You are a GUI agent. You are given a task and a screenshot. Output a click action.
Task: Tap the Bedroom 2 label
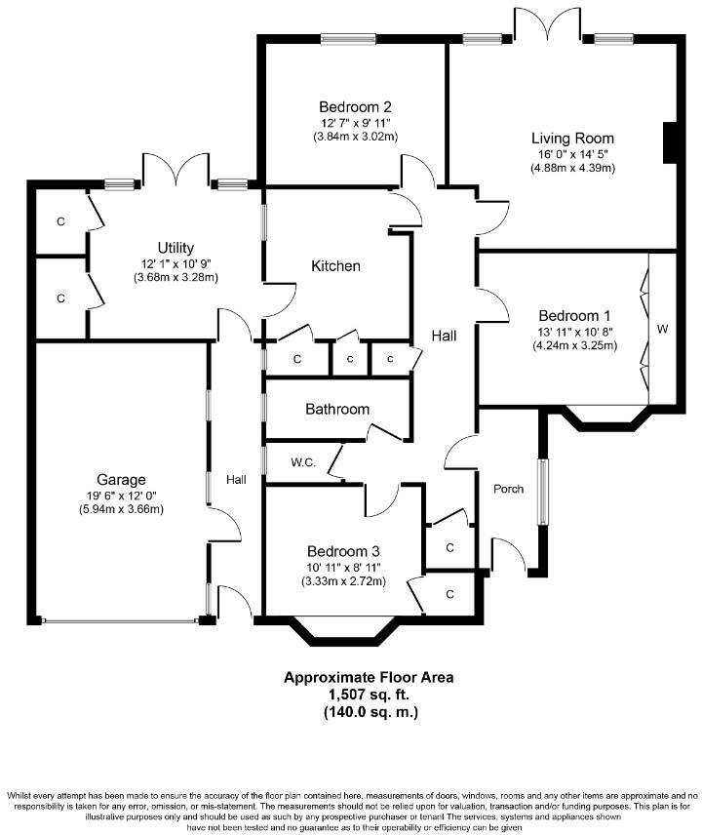tap(355, 106)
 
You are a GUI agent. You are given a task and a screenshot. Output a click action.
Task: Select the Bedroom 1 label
tap(574, 316)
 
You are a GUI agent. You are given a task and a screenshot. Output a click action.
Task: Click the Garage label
tap(121, 479)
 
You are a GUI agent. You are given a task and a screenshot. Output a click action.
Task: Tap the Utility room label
tap(176, 248)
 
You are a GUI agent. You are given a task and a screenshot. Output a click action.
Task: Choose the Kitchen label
tap(335, 265)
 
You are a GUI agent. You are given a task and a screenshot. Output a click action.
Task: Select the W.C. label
tap(302, 461)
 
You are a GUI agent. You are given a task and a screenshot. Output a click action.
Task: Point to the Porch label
tap(508, 490)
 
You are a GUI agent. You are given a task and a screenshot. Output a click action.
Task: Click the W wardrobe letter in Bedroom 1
tap(662, 330)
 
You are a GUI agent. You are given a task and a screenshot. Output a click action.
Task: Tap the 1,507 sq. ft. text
tap(370, 695)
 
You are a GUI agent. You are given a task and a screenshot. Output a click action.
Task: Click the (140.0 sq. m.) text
tap(370, 712)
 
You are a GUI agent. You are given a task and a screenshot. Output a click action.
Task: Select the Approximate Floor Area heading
tap(369, 677)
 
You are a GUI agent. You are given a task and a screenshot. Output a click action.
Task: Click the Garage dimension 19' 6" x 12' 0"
tap(121, 495)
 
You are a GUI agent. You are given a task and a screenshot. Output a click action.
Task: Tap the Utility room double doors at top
tap(175, 170)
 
